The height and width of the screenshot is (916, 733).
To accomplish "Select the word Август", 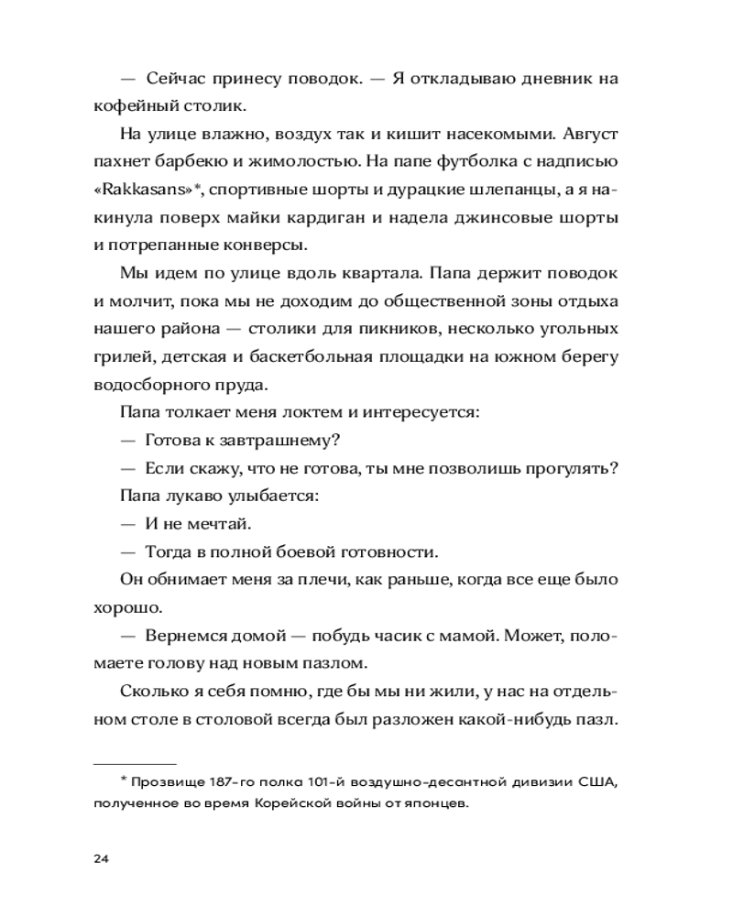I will click(588, 133).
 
